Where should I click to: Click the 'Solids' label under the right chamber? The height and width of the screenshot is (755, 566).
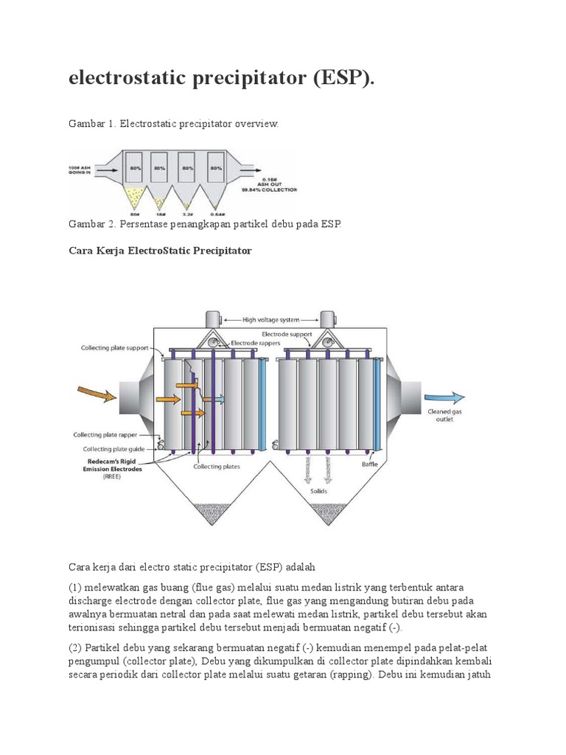[x=320, y=491]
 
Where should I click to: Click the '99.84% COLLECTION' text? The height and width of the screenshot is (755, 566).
[x=269, y=189]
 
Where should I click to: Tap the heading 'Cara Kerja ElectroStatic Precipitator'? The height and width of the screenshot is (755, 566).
[x=160, y=251]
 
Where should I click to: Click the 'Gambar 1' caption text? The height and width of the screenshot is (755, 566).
[x=91, y=124]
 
